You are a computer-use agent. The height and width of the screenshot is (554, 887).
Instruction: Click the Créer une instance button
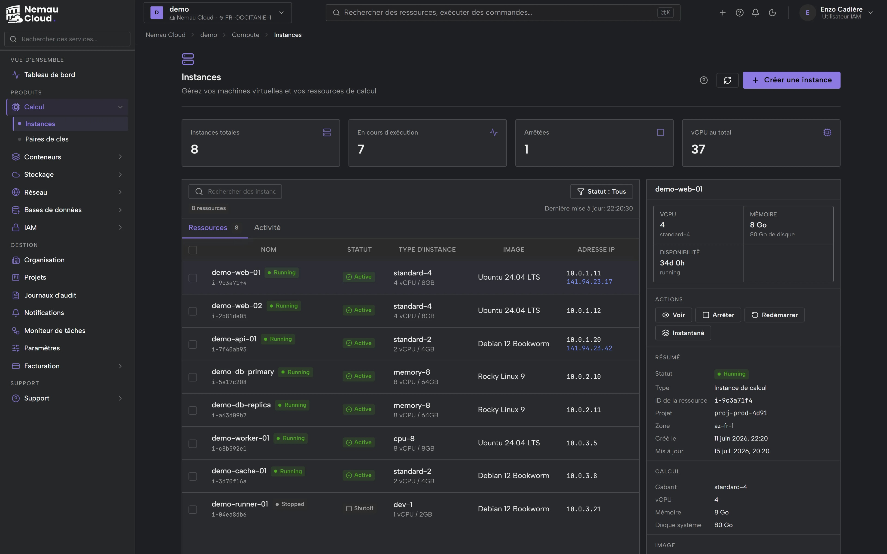pyautogui.click(x=791, y=80)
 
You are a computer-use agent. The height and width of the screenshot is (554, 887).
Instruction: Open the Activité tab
pyautogui.click(x=267, y=228)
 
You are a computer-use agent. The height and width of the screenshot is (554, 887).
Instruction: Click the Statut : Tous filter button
pyautogui.click(x=601, y=191)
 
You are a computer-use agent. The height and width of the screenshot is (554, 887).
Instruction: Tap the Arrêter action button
pyautogui.click(x=718, y=315)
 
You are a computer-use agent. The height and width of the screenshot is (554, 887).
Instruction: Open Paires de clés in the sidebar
pyautogui.click(x=47, y=139)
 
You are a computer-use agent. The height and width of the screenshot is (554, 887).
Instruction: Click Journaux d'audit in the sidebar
pyautogui.click(x=50, y=295)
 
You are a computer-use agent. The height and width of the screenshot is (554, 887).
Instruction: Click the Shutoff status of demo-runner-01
pyautogui.click(x=360, y=508)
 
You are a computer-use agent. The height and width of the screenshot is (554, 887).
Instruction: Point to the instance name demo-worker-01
pyautogui.click(x=240, y=438)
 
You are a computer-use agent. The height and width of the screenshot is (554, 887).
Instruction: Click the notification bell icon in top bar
pyautogui.click(x=755, y=12)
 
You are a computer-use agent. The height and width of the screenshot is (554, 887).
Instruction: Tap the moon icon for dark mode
pyautogui.click(x=772, y=12)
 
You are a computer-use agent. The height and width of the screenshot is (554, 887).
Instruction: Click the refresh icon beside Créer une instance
pyautogui.click(x=727, y=80)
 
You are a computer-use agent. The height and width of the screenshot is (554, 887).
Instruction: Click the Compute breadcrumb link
pyautogui.click(x=246, y=35)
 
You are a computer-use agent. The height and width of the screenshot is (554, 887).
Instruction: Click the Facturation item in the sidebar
pyautogui.click(x=42, y=366)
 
